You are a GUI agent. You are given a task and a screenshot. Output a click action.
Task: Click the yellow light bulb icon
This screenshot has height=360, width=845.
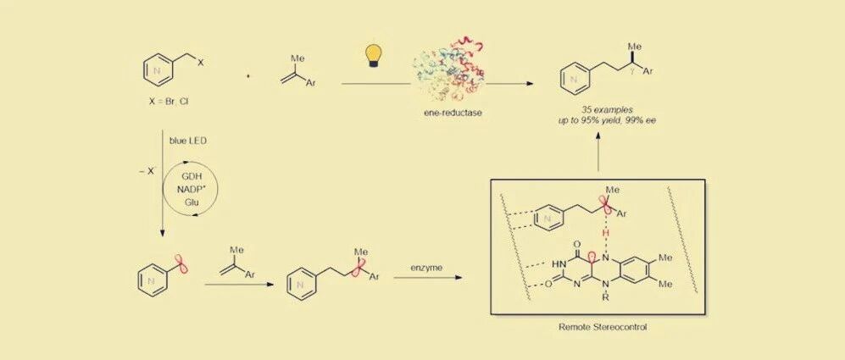pos(372,56)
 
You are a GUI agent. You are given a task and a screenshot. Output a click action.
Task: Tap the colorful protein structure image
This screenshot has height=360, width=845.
pos(448,70)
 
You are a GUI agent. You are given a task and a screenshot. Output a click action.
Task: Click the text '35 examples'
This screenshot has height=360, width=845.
pos(602,109)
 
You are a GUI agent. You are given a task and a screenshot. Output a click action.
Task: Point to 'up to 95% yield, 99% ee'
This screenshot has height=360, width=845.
pos(602,119)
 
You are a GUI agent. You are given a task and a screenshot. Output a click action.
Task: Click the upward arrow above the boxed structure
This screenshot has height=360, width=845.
pos(600,153)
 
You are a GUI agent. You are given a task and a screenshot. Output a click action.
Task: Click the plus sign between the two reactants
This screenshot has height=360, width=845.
pos(247,76)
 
